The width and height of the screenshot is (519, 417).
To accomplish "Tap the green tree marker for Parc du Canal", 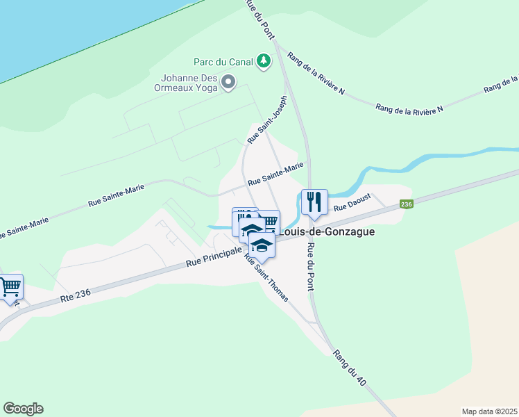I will tap(263, 62).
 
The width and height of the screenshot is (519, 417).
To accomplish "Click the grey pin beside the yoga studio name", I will tap(228, 84).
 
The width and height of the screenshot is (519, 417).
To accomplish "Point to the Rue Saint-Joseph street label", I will tap(267, 120).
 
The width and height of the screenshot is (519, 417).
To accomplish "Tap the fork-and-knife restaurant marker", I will tap(314, 202).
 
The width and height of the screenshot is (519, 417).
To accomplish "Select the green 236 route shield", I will tap(407, 204).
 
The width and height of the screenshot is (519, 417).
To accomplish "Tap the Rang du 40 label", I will tap(350, 369).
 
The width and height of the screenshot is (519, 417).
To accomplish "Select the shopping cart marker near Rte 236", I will tap(10, 286).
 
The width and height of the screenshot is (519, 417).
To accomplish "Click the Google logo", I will tap(23, 409).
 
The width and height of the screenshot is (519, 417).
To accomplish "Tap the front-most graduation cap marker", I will tap(262, 245).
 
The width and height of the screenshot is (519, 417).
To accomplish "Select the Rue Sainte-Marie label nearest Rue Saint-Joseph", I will tap(275, 174).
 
